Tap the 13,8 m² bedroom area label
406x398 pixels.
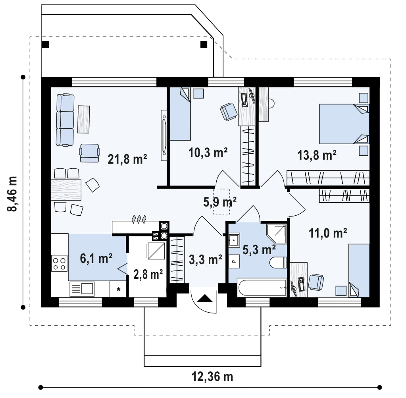point(317,155)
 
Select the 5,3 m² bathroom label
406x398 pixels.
point(259,249)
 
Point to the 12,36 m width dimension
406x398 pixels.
point(212,377)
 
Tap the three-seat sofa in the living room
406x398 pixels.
point(65,120)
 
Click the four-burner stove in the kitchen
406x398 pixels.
point(59,263)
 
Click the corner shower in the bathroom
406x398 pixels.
point(276,234)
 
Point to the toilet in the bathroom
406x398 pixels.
point(278,262)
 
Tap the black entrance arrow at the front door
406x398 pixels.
point(205,298)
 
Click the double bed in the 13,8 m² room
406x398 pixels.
point(344,124)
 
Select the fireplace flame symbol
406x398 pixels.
point(139,219)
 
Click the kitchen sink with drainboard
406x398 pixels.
point(82,289)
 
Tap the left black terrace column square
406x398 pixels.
point(45,45)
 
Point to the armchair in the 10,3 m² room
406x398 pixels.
point(229,112)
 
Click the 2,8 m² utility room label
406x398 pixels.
point(148,274)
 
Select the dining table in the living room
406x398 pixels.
point(66,190)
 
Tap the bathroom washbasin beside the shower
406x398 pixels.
point(234,240)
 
